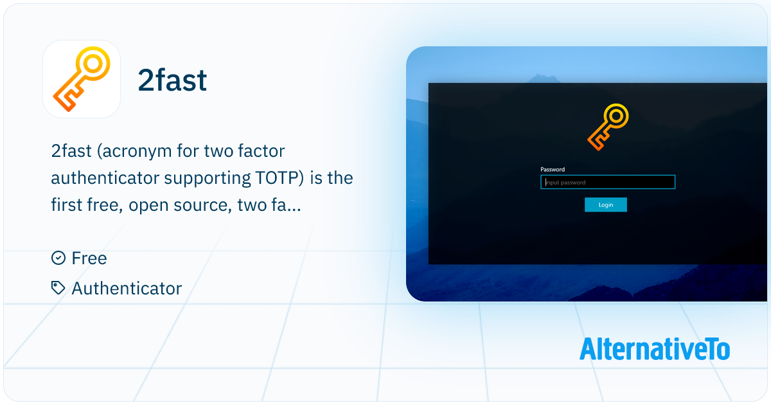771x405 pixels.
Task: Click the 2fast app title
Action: click(x=172, y=80)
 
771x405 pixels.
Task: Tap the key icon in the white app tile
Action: click(x=82, y=79)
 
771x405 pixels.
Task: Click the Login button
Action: click(x=605, y=204)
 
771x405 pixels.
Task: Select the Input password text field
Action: click(x=608, y=183)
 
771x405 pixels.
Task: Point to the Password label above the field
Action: click(x=553, y=170)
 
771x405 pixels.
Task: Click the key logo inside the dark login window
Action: click(x=607, y=127)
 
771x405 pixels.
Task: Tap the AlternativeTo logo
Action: click(x=654, y=348)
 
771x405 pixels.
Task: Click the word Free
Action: click(x=89, y=258)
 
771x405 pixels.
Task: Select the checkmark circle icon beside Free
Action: click(x=58, y=258)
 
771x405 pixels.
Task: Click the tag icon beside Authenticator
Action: click(x=58, y=288)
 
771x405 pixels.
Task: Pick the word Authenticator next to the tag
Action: click(x=127, y=289)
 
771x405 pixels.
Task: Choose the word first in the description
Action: click(x=67, y=205)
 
